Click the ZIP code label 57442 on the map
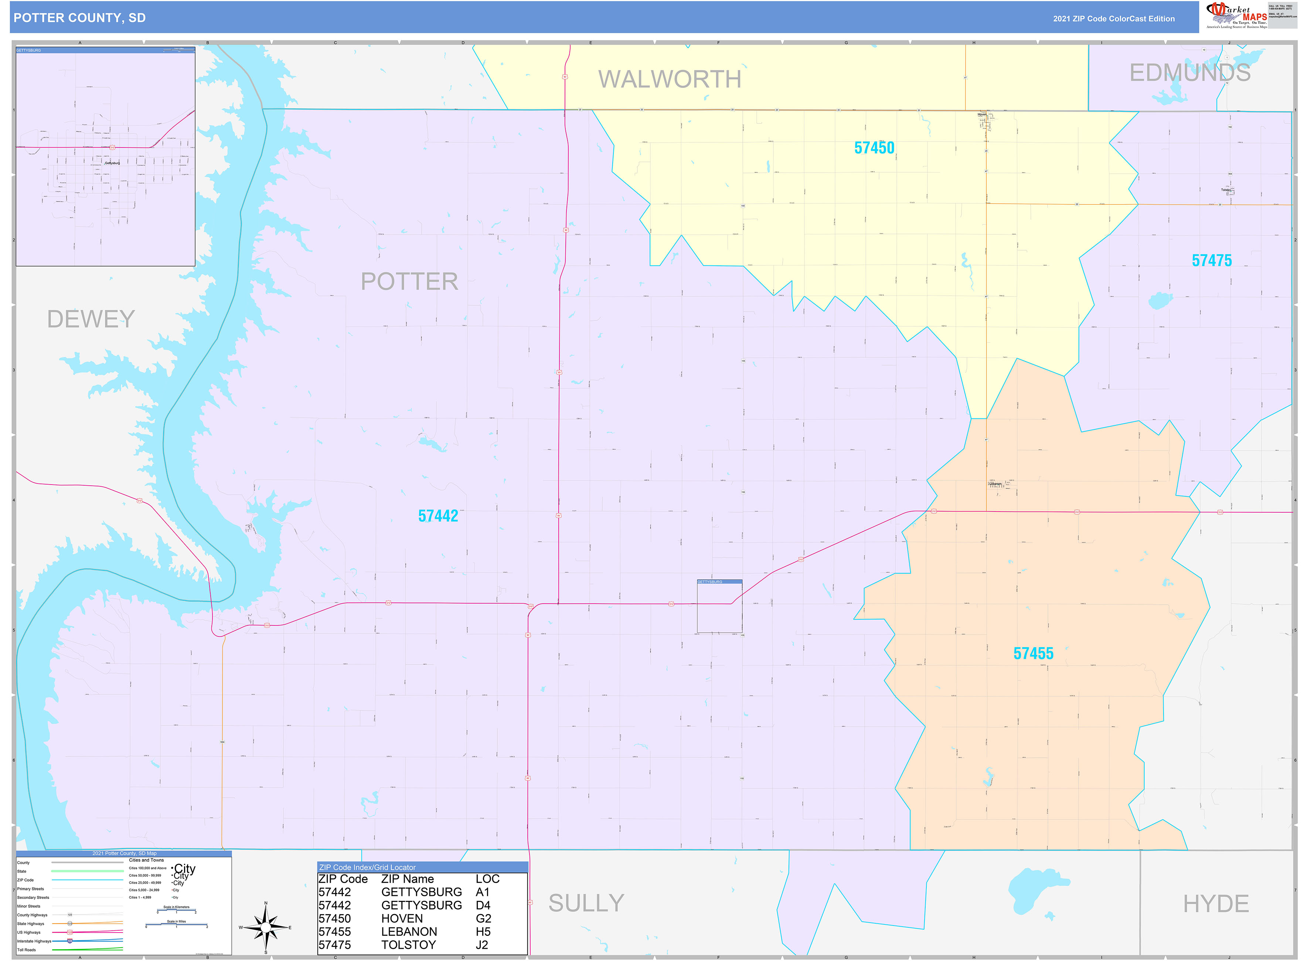click(x=438, y=516)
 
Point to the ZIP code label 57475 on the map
click(x=1212, y=261)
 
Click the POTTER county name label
click(x=409, y=282)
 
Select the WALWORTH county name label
click(x=670, y=79)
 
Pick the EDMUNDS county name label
click(x=1189, y=73)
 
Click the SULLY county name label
click(x=586, y=903)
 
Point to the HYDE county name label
click(x=1216, y=903)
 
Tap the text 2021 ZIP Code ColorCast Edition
click(x=1113, y=18)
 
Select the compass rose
click(x=266, y=927)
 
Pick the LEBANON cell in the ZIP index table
click(x=409, y=932)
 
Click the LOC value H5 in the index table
click(x=483, y=932)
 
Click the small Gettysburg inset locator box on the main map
click(x=719, y=606)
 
